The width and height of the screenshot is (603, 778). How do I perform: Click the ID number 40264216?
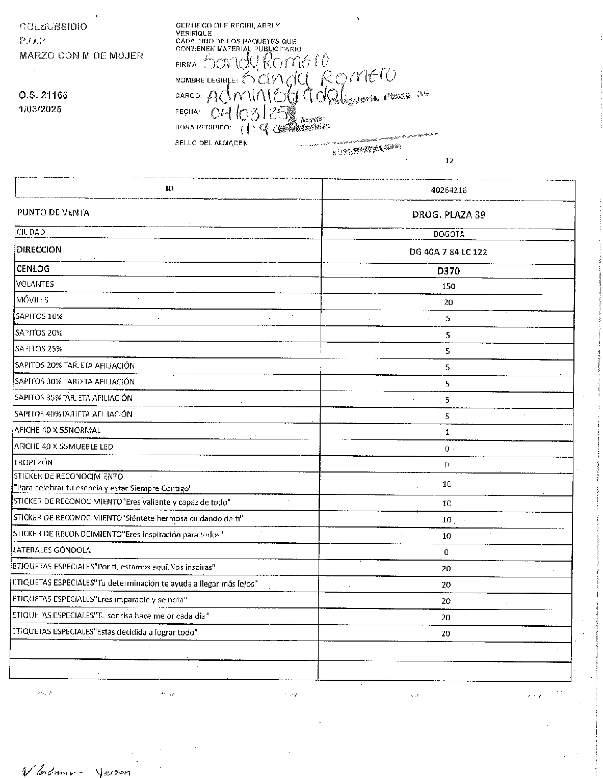tap(449, 190)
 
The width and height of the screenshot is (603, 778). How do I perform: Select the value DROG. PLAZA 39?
tap(449, 215)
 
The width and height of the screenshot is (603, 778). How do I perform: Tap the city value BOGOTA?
tap(449, 235)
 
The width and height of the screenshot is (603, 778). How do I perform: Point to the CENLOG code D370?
tap(449, 271)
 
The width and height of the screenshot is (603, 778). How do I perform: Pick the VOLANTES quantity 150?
tap(449, 286)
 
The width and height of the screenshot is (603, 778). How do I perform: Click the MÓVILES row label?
tap(32, 300)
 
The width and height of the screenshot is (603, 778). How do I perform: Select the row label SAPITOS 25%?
tap(39, 349)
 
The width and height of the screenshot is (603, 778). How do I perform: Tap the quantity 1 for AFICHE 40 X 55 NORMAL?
tap(447, 432)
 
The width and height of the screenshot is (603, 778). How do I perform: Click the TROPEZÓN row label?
tap(33, 463)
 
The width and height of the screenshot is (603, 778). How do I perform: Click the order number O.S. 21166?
tap(43, 95)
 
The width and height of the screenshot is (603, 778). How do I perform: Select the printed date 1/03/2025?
tap(40, 109)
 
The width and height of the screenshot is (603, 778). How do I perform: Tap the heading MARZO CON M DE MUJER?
tap(81, 56)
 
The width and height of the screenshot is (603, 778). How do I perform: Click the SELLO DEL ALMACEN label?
tap(211, 143)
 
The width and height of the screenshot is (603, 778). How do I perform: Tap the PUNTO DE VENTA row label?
tap(53, 213)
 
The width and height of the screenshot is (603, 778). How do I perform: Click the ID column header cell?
tap(169, 188)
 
